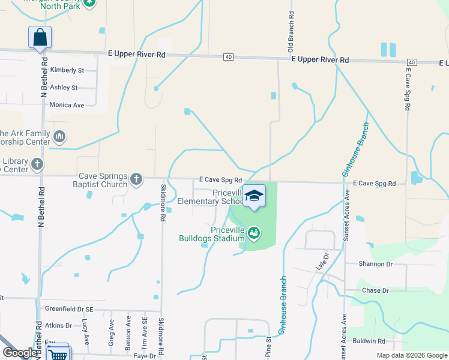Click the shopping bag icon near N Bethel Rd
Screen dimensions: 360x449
[40, 37]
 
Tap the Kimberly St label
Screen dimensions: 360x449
[67, 70]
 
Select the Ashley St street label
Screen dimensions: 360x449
[64, 88]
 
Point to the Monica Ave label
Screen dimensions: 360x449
[67, 105]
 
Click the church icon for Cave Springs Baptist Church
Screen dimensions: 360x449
[137, 178]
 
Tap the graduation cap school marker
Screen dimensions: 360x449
[254, 196]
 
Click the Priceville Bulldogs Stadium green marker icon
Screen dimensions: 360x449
[254, 232]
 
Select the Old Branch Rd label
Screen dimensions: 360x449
[291, 30]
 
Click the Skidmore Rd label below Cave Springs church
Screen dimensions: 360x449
[162, 203]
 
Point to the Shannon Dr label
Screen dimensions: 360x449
[376, 264]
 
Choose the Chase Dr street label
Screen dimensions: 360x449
[376, 290]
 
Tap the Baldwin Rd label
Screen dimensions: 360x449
[369, 341]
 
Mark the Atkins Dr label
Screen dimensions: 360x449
[59, 326]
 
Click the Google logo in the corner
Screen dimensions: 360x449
[20, 353]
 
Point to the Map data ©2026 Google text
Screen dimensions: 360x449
[412, 355]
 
